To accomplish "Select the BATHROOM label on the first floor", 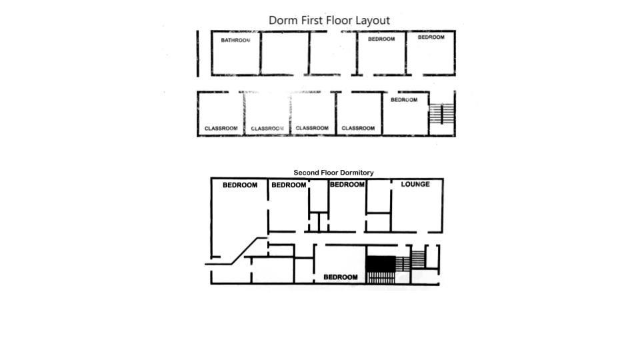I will pyautogui.click(x=235, y=40).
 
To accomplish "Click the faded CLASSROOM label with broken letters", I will pyautogui.click(x=267, y=128).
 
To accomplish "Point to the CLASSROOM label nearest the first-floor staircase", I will pyautogui.click(x=358, y=128).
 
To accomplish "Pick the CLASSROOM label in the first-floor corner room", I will pyautogui.click(x=221, y=128).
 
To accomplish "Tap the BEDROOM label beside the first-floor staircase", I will pyautogui.click(x=404, y=100).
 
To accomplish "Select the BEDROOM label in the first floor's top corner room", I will pyautogui.click(x=431, y=37).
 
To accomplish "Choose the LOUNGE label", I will pyautogui.click(x=415, y=184).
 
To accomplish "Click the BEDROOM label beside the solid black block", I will pyautogui.click(x=340, y=277).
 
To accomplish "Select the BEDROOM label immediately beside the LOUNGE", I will pyautogui.click(x=347, y=184).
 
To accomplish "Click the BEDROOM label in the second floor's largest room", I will pyautogui.click(x=239, y=185).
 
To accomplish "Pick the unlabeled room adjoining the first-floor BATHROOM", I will pyautogui.click(x=284, y=53).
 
